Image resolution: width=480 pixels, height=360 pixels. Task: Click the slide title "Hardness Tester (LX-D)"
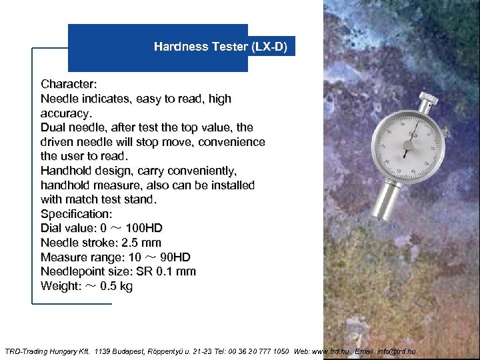coord(221,47)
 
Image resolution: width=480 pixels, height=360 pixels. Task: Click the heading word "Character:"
coord(69,84)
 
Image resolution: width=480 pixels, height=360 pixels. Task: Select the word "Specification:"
coord(77,214)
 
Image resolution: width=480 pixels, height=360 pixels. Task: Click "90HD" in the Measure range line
coord(175,257)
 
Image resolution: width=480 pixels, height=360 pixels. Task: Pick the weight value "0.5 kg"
coord(116,286)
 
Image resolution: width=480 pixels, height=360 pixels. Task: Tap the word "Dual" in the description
coord(53,127)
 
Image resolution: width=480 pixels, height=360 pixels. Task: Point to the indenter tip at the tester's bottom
coord(381,218)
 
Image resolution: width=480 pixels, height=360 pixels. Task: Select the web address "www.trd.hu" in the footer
coord(331,351)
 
